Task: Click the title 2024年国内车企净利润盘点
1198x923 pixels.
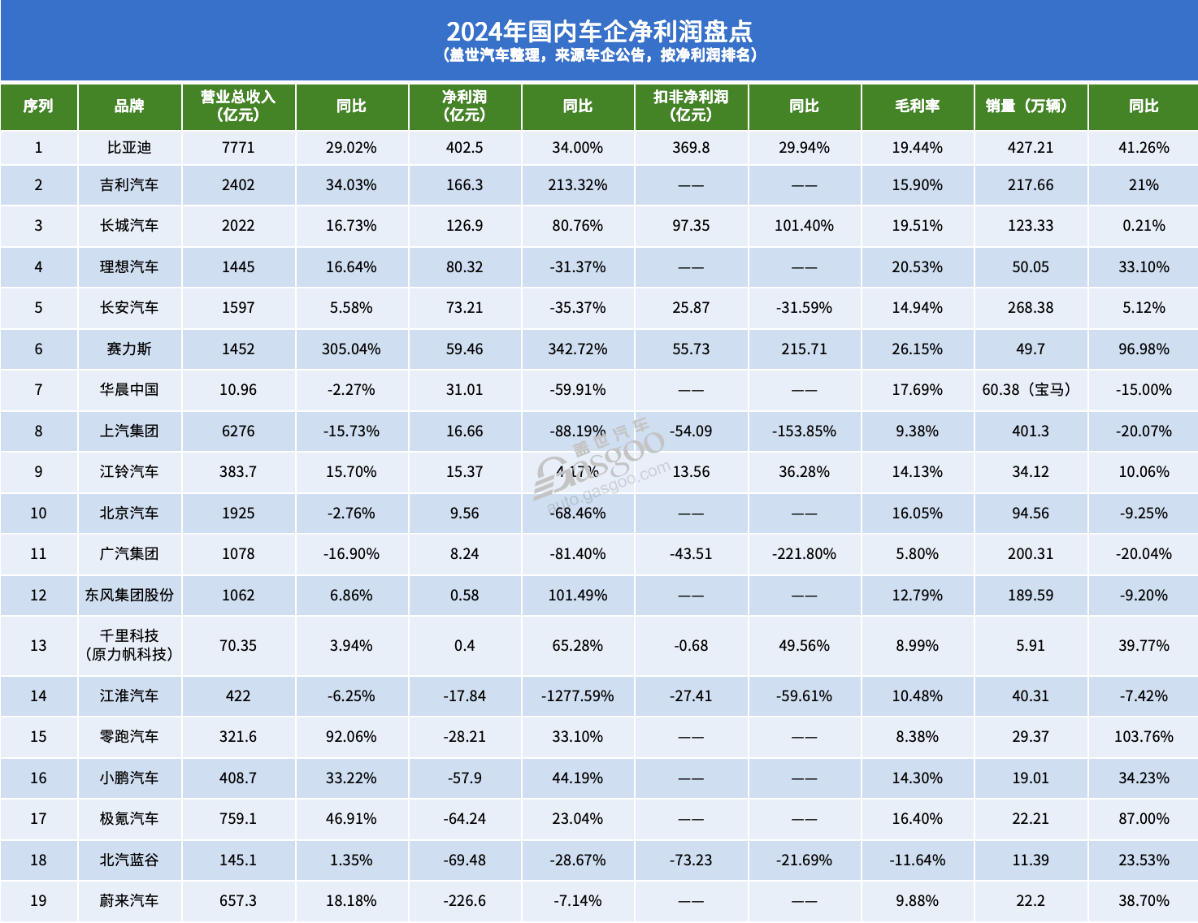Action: click(x=599, y=31)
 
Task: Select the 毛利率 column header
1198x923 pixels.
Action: click(x=917, y=106)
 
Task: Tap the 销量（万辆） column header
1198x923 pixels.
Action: click(x=1030, y=106)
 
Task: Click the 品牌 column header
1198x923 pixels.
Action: click(x=129, y=106)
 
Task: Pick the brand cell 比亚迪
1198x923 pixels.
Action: click(x=129, y=148)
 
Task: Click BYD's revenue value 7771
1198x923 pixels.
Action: click(x=238, y=148)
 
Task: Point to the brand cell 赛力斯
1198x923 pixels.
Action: click(x=129, y=349)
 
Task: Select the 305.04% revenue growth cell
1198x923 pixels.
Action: click(x=351, y=349)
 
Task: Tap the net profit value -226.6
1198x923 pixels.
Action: click(x=464, y=901)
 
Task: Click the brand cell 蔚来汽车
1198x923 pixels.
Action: click(x=129, y=901)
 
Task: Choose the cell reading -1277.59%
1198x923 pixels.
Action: click(x=578, y=696)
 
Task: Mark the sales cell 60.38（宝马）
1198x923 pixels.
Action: click(x=1030, y=390)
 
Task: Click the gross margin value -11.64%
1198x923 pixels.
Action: click(x=918, y=860)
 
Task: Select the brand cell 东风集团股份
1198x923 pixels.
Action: click(x=129, y=596)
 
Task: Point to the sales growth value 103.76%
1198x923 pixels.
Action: click(x=1144, y=737)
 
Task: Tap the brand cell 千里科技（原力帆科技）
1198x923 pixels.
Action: click(x=129, y=645)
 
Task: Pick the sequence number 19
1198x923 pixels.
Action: click(x=38, y=901)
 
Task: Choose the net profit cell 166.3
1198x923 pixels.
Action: click(x=464, y=185)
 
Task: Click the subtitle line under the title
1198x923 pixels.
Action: click(x=599, y=55)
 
